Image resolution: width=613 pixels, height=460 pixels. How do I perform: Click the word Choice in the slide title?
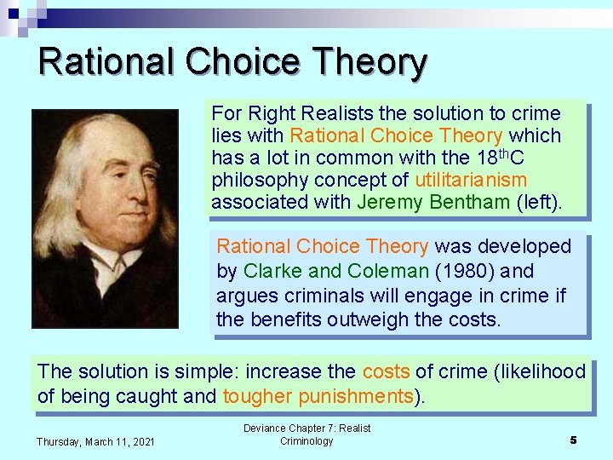coord(241,63)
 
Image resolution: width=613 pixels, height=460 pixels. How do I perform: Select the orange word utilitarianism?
coord(471,180)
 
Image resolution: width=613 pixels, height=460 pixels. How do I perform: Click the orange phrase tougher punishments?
coord(318,396)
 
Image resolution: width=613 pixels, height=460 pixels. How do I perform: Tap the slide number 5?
coord(573,440)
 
